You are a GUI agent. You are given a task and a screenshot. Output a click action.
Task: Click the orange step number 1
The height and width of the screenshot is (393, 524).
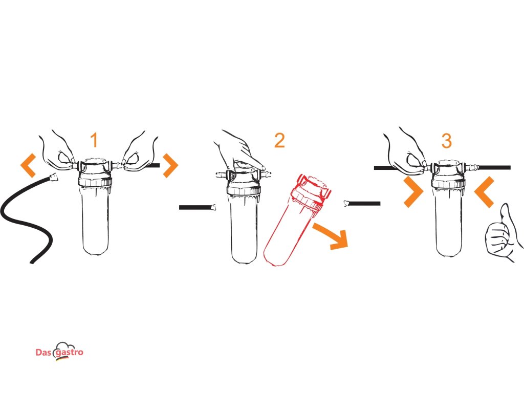(95, 140)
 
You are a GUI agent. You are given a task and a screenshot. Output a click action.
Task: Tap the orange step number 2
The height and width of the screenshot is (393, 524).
(279, 140)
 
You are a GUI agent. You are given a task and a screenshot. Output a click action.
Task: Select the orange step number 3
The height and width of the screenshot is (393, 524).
(446, 141)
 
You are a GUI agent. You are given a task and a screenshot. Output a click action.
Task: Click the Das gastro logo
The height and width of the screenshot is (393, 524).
(59, 352)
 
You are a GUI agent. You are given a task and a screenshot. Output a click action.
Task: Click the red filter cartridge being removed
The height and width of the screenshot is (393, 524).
(296, 221)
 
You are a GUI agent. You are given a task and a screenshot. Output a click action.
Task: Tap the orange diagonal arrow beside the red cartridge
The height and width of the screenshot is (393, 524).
(332, 235)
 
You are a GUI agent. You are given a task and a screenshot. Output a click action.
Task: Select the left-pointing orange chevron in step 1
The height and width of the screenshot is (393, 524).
(28, 165)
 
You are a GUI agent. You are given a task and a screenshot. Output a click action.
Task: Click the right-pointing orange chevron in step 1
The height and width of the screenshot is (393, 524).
(170, 165)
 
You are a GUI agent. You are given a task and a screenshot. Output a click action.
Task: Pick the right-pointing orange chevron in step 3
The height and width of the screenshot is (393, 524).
(413, 192)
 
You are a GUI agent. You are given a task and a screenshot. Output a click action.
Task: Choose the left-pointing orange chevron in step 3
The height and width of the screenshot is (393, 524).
(484, 192)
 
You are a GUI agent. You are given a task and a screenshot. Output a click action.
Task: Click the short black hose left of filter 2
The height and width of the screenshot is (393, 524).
(197, 208)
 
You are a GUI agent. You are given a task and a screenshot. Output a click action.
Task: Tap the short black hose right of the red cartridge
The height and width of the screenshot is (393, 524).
(362, 203)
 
